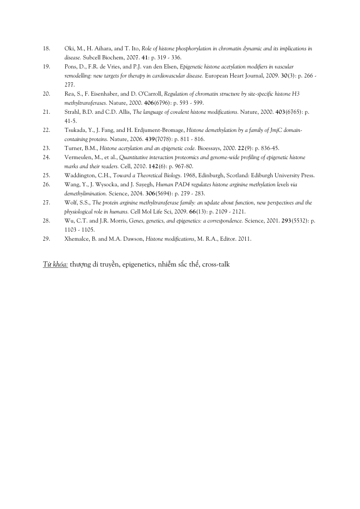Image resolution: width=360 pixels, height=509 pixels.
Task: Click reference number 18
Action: [x=46, y=48]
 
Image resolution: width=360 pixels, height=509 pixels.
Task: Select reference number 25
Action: [x=46, y=175]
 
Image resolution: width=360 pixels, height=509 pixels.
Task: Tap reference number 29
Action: [x=46, y=239]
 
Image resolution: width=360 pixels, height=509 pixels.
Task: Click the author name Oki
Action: [x=69, y=48]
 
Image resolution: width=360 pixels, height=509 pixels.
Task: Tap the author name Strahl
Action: [x=72, y=112]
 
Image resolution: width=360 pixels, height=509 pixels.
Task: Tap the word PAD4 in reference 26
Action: [x=180, y=184]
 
